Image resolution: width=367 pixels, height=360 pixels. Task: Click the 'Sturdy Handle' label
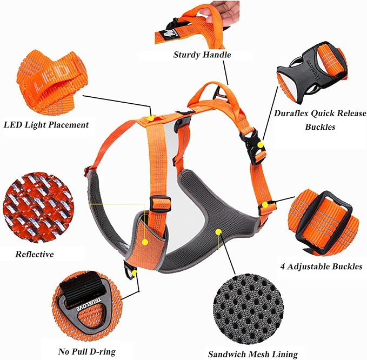point(194,55)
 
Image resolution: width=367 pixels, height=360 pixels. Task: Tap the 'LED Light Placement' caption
point(46,125)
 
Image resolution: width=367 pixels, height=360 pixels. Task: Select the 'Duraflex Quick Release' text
point(319,114)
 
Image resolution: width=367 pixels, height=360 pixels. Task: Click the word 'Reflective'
point(35,254)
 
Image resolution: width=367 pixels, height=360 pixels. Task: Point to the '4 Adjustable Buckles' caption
point(321,266)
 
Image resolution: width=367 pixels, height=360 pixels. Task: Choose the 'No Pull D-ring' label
point(87,352)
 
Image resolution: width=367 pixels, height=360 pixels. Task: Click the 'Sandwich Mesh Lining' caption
point(253,355)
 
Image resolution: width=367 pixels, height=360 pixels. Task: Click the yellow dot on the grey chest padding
point(218,231)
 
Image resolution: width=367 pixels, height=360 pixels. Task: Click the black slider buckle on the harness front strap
point(161,204)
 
